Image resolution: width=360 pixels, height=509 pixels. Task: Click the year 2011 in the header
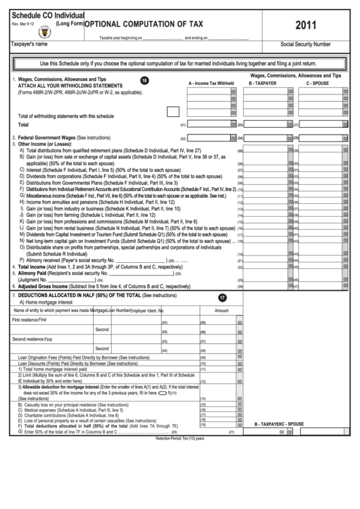(x=305, y=26)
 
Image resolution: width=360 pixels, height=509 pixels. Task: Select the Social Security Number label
(x=305, y=44)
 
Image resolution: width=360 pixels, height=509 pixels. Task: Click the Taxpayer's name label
(x=28, y=43)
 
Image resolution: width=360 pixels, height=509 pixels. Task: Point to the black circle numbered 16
(x=144, y=80)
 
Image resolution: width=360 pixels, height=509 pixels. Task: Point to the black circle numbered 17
(x=222, y=298)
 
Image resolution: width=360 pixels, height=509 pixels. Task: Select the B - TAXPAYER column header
(x=262, y=83)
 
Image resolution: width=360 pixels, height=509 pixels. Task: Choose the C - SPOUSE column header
(x=317, y=83)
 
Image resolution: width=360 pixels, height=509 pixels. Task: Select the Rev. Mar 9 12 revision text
(x=24, y=24)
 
